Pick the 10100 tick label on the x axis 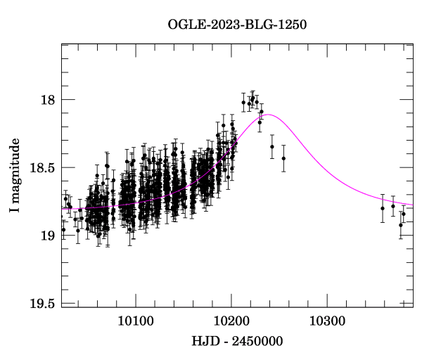click(x=134, y=321)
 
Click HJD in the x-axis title click(x=205, y=342)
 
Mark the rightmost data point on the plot click(x=404, y=214)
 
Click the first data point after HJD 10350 click(x=383, y=208)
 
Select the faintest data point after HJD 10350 click(x=400, y=225)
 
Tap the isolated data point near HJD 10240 click(x=271, y=146)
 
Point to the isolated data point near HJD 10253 click(x=283, y=158)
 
